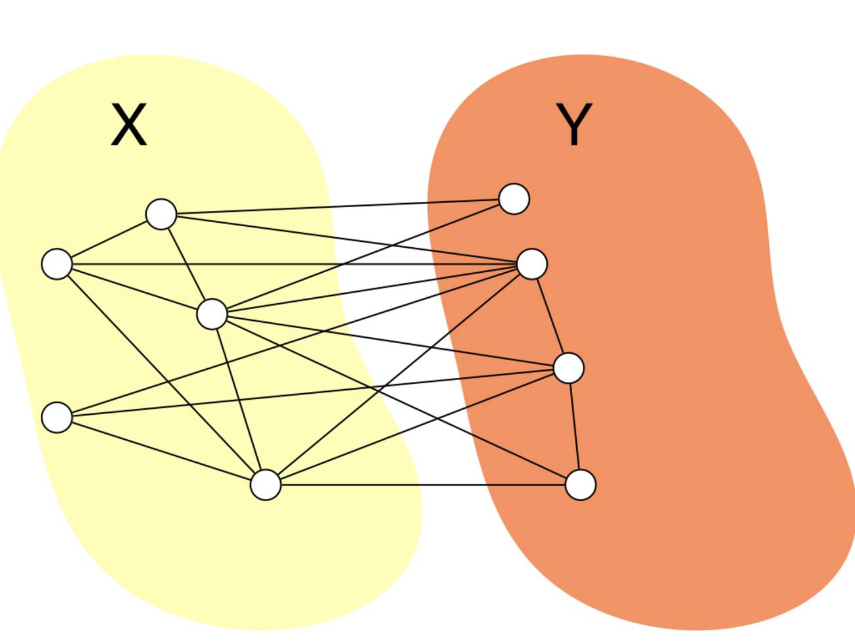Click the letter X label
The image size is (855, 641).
click(x=129, y=125)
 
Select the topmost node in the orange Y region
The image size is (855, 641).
click(x=514, y=199)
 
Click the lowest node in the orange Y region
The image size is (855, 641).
click(x=581, y=485)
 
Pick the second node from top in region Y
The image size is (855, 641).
click(x=532, y=264)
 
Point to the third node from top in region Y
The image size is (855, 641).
click(x=569, y=368)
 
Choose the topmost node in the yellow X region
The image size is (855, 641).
click(x=161, y=214)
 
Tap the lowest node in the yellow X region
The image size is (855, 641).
click(x=266, y=485)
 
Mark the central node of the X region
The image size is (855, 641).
click(x=212, y=314)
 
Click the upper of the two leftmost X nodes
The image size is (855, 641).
click(x=57, y=264)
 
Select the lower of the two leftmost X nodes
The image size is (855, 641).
click(x=57, y=417)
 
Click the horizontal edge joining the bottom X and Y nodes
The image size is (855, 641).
click(x=421, y=485)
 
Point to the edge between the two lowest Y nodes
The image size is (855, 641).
click(x=575, y=426)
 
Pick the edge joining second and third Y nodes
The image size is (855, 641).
click(x=550, y=316)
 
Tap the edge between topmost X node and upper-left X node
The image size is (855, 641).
click(x=109, y=239)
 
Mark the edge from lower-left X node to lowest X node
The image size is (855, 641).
click(x=161, y=451)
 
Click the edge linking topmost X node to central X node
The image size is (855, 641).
click(x=187, y=264)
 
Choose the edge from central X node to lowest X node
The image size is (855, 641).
click(x=239, y=400)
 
